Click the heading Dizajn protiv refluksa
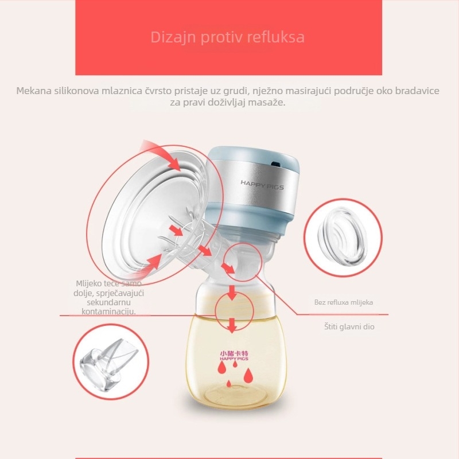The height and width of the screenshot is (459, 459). coord(228,37)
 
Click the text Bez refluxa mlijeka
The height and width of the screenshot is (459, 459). coord(347,302)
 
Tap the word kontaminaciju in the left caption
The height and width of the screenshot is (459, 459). coord(109,312)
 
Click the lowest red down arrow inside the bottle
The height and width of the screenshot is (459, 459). coord(231,326)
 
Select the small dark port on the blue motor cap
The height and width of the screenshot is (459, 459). coord(277,164)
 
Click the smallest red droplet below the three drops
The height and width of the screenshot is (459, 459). coord(229,383)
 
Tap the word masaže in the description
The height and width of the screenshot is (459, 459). coord(267,103)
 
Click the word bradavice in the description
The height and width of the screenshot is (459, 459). coord(419,91)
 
